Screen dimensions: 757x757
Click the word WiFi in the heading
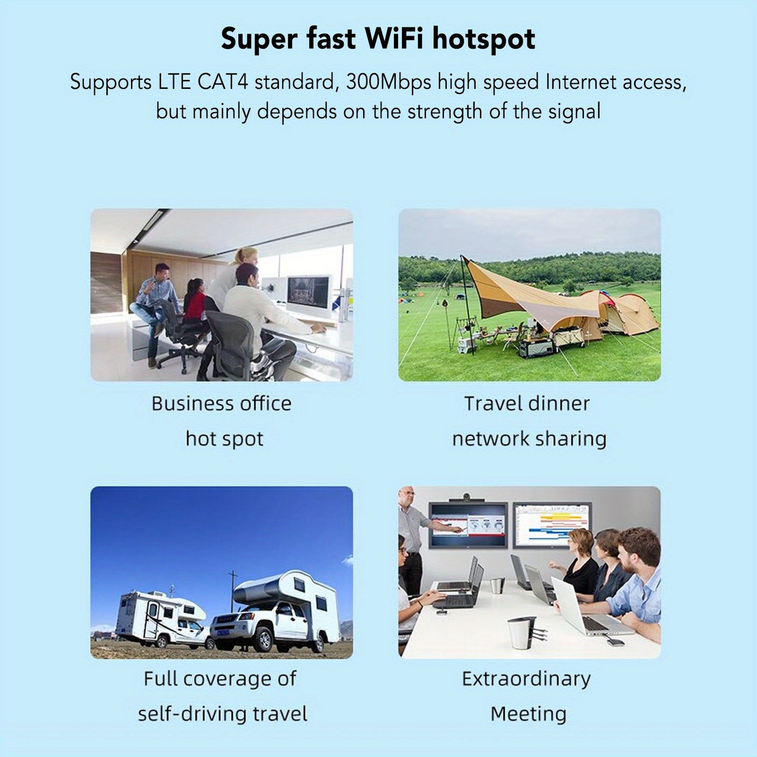point(394,39)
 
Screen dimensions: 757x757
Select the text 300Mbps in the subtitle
point(389,83)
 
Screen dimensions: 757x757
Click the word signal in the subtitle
point(574,112)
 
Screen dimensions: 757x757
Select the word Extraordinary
point(526,679)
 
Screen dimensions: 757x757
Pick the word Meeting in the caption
point(528,714)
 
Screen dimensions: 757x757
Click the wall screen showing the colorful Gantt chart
point(552,524)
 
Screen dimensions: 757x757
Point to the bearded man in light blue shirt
point(637,582)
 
